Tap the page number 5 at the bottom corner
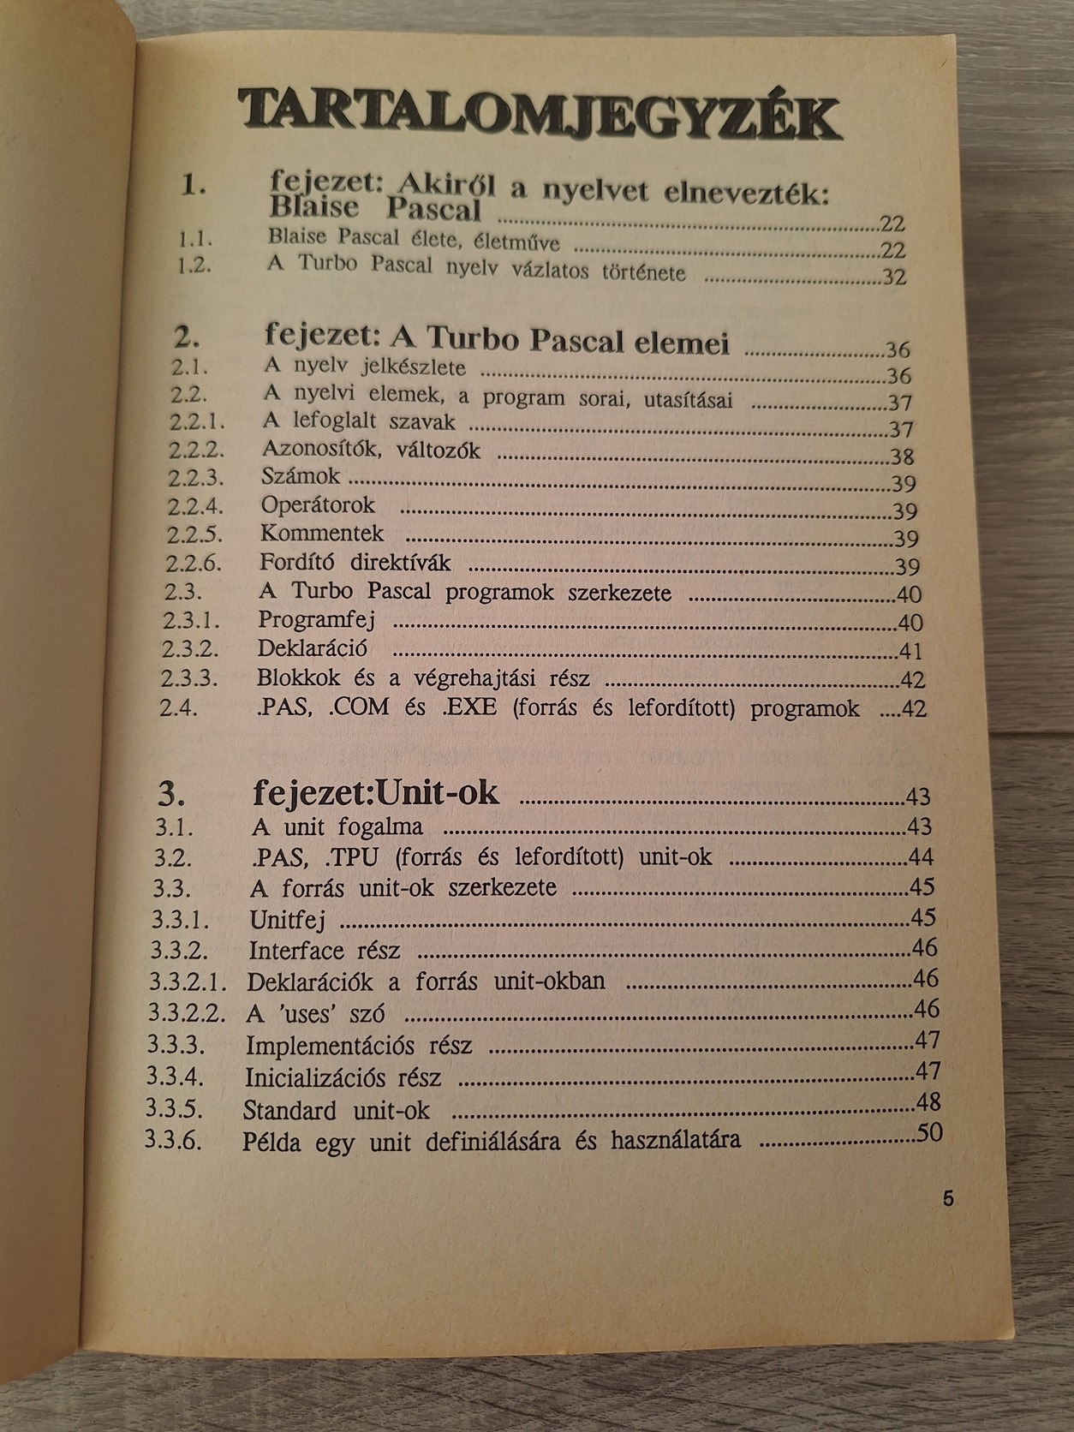click(x=947, y=1198)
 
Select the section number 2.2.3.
click(x=195, y=477)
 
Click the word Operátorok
click(x=318, y=505)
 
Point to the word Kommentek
click(x=322, y=534)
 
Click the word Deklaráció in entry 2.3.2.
click(x=313, y=648)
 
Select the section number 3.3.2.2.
click(x=187, y=1012)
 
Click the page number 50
click(x=929, y=1132)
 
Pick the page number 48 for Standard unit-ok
click(x=928, y=1101)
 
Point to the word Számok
click(x=301, y=476)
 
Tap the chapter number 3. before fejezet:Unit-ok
click(x=172, y=795)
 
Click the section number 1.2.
click(x=194, y=265)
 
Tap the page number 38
click(x=901, y=457)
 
